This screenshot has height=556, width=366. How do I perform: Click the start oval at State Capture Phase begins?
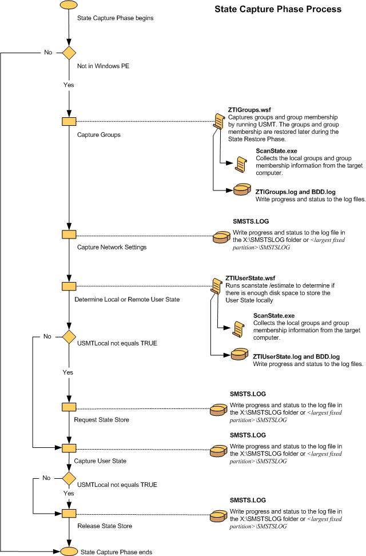[x=69, y=5]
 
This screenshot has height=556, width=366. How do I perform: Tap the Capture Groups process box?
[x=69, y=121]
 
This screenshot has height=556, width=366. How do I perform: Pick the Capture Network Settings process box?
[x=69, y=235]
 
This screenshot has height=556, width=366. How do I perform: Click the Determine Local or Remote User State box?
[x=69, y=285]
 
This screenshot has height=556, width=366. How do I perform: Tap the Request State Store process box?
[x=69, y=407]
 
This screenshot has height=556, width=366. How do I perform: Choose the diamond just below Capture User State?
[x=69, y=477]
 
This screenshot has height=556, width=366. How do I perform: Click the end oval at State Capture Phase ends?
[x=69, y=551]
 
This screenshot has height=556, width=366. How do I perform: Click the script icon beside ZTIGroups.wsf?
[x=218, y=120]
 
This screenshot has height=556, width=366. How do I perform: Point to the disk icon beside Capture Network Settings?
[x=221, y=237]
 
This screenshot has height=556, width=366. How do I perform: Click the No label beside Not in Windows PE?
[x=49, y=52]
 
